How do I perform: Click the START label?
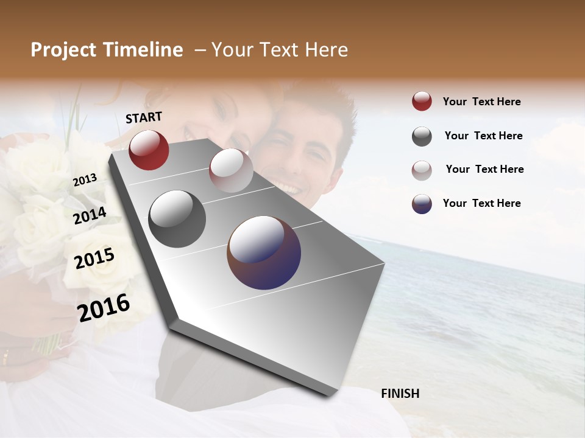144,117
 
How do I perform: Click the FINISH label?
400,394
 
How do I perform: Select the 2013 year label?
85,180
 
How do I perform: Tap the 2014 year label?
90,215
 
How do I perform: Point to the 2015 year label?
94,259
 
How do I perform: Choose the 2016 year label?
104,307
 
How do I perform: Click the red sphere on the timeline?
149,150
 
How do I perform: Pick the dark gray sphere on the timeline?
177,219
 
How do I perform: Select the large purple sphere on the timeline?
264,252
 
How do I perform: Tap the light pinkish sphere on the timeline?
231,170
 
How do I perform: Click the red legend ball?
422,102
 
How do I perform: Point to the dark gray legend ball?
422,136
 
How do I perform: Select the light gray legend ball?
422,170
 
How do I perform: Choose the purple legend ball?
422,204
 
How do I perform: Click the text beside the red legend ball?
481,102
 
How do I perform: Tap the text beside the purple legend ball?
481,203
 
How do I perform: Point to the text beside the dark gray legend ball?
484,136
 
